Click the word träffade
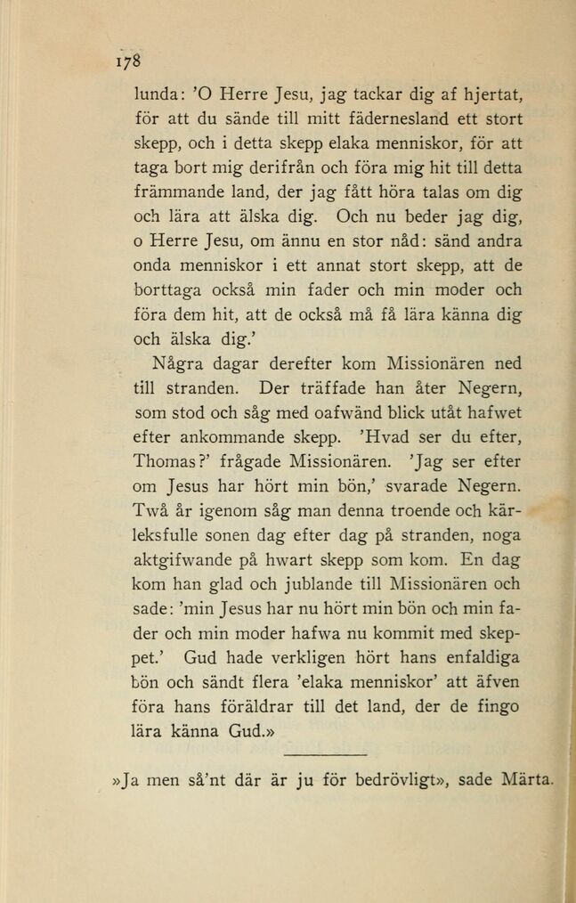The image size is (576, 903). point(327,388)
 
